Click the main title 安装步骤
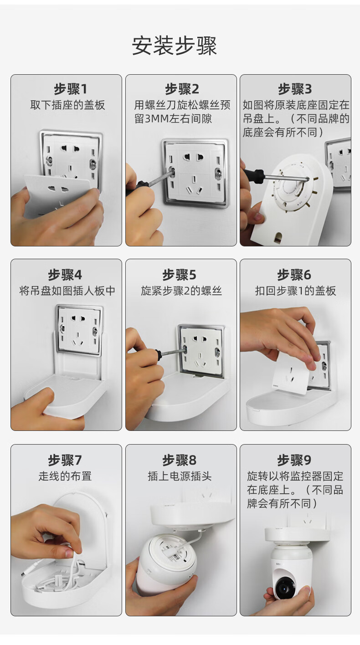(x=174, y=46)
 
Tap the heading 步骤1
(x=71, y=89)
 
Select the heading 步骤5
(x=179, y=275)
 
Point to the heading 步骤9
(x=294, y=460)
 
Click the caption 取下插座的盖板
(x=68, y=105)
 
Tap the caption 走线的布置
(x=65, y=476)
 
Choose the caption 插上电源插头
(x=180, y=476)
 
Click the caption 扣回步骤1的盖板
(x=295, y=291)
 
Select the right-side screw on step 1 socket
(x=93, y=164)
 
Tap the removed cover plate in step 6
(x=290, y=375)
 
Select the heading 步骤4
(x=65, y=275)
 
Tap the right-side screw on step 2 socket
(x=218, y=173)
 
